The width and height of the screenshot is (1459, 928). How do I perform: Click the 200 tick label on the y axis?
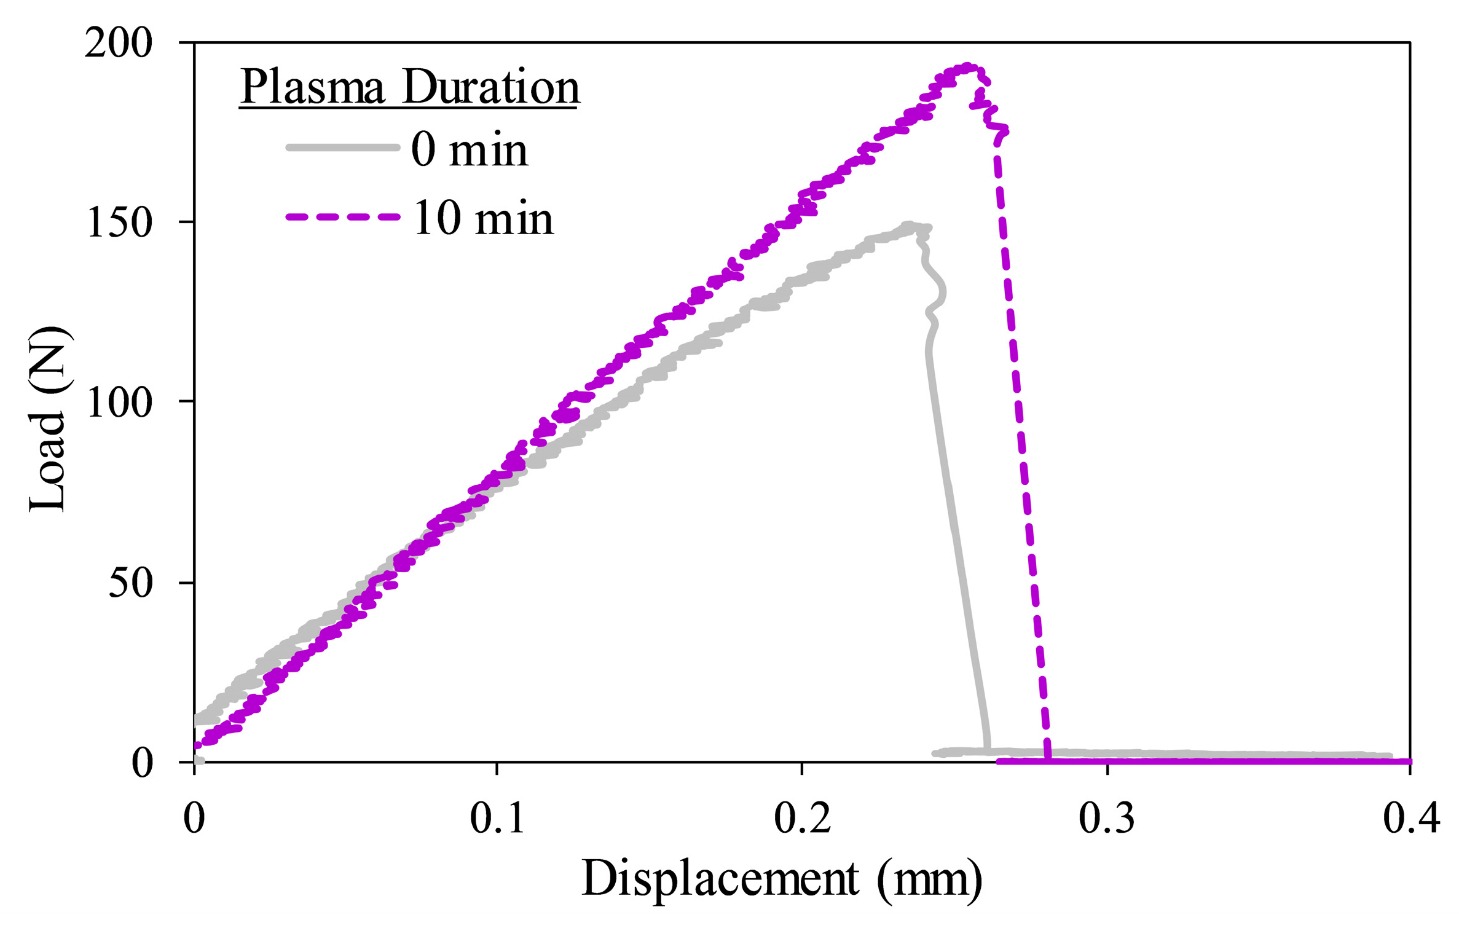tap(118, 44)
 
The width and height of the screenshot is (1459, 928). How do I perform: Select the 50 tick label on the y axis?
tap(130, 583)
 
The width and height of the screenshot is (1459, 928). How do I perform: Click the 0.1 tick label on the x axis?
tap(497, 819)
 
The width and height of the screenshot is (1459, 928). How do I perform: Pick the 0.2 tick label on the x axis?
tap(801, 819)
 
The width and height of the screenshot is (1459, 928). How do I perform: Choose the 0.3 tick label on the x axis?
tap(1106, 819)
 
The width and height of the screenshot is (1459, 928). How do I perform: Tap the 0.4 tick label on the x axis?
tap(1411, 819)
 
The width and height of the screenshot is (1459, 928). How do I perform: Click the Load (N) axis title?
tap(48, 419)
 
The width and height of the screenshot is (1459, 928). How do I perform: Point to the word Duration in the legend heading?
tap(490, 87)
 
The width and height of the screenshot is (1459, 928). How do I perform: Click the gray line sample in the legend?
tap(342, 147)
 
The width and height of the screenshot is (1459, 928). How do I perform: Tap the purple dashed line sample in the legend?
tap(342, 217)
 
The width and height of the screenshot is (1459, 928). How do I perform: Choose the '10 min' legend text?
tap(483, 218)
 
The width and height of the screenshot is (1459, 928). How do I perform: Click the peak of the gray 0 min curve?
tap(908, 226)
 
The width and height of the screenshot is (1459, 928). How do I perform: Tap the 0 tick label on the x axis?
tap(194, 819)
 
